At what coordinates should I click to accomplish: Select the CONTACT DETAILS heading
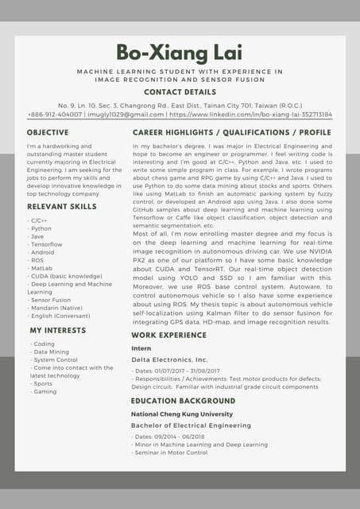pyautogui.click(x=179, y=92)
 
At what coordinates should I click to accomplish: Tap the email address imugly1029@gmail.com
pyautogui.click(x=121, y=115)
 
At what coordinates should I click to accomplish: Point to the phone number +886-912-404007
pyautogui.click(x=55, y=115)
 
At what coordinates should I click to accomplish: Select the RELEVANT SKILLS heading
pyautogui.click(x=61, y=206)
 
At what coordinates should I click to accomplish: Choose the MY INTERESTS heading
pyautogui.click(x=58, y=329)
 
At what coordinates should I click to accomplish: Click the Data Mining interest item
pyautogui.click(x=51, y=352)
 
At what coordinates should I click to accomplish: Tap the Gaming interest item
pyautogui.click(x=45, y=391)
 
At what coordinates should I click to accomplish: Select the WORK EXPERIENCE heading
pyautogui.click(x=168, y=336)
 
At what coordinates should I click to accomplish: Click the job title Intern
pyautogui.click(x=141, y=348)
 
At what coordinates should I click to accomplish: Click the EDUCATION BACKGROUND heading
pyautogui.click(x=183, y=401)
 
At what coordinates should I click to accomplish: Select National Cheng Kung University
pyautogui.click(x=182, y=414)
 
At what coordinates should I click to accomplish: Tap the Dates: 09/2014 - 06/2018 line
pyautogui.click(x=171, y=437)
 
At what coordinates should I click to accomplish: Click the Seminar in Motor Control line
pyautogui.click(x=171, y=453)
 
